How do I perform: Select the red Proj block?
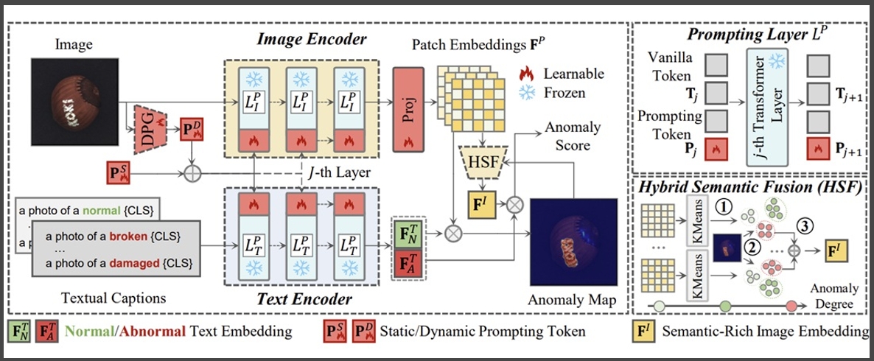408,109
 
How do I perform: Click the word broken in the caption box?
128,236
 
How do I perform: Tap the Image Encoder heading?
312,40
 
